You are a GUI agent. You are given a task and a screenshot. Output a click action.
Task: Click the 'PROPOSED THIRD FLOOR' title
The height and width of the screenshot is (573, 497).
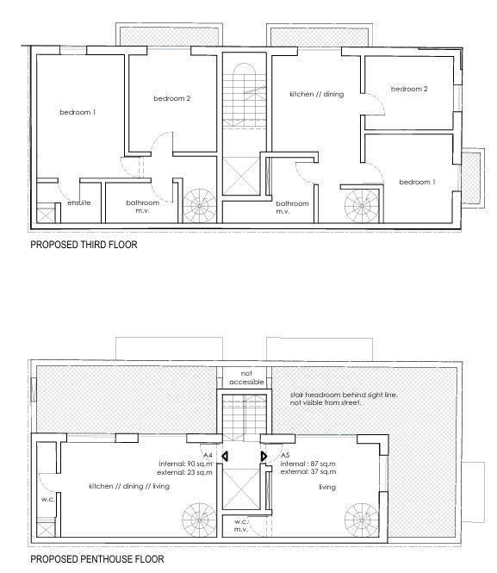pyautogui.click(x=84, y=245)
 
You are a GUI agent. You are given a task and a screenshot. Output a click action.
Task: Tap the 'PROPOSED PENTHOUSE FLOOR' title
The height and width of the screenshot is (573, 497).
pyautogui.click(x=97, y=558)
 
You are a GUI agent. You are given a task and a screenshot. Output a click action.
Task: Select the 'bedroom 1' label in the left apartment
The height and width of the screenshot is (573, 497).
pyautogui.click(x=78, y=112)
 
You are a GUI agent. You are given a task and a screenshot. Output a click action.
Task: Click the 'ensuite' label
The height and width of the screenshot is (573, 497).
pyautogui.click(x=79, y=202)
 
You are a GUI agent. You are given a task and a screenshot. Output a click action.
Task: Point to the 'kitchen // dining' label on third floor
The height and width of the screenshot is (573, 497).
pyautogui.click(x=317, y=94)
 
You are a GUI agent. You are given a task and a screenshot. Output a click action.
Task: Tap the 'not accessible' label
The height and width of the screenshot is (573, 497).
pyautogui.click(x=246, y=377)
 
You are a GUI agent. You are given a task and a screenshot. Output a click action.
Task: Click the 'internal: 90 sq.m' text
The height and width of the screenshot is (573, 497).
pyautogui.click(x=185, y=464)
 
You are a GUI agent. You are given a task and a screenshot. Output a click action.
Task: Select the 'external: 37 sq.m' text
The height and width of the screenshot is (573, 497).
pyautogui.click(x=308, y=472)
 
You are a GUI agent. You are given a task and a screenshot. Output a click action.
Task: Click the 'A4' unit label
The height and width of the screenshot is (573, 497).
pyautogui.click(x=208, y=455)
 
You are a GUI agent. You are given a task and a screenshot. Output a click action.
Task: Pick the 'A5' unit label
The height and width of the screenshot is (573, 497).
pyautogui.click(x=285, y=455)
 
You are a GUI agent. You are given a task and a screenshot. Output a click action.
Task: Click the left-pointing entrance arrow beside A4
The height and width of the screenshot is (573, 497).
pyautogui.click(x=225, y=456)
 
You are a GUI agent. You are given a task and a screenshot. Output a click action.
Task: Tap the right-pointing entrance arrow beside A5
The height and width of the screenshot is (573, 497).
pyautogui.click(x=264, y=456)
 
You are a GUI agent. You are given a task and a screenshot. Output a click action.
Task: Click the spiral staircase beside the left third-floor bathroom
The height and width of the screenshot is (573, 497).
pyautogui.click(x=200, y=206)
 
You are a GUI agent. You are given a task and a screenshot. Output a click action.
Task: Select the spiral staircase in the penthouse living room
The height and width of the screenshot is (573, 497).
pyautogui.click(x=362, y=520)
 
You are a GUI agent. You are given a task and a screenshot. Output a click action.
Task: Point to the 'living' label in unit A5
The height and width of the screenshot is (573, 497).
pyautogui.click(x=327, y=487)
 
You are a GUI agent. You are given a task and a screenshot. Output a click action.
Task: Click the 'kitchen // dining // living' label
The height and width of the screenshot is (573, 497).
pyautogui.click(x=129, y=486)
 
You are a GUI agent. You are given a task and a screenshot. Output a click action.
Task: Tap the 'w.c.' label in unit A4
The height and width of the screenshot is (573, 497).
pyautogui.click(x=48, y=499)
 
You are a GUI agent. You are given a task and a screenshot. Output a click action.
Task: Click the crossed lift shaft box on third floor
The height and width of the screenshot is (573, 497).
pyautogui.click(x=241, y=176)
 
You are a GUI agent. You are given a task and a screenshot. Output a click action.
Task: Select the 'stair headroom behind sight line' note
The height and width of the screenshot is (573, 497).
pyautogui.click(x=344, y=395)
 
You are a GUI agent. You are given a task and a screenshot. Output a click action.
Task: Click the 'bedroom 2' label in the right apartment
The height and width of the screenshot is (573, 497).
pyautogui.click(x=409, y=89)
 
